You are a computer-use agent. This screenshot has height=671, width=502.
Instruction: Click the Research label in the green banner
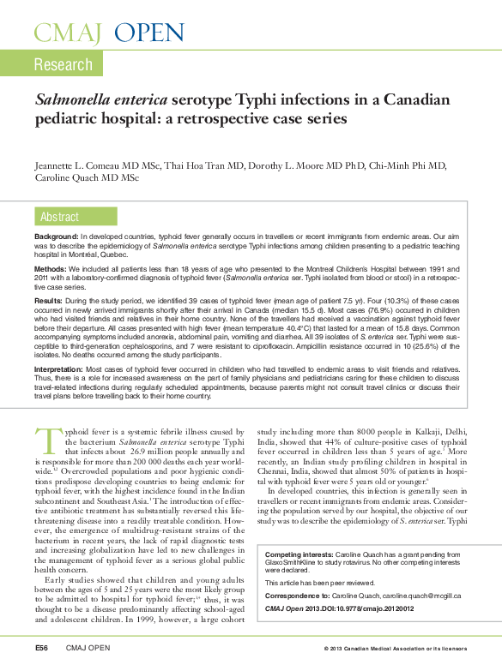[x=63, y=64]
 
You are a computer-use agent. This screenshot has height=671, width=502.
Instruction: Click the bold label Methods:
[x=51, y=267]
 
